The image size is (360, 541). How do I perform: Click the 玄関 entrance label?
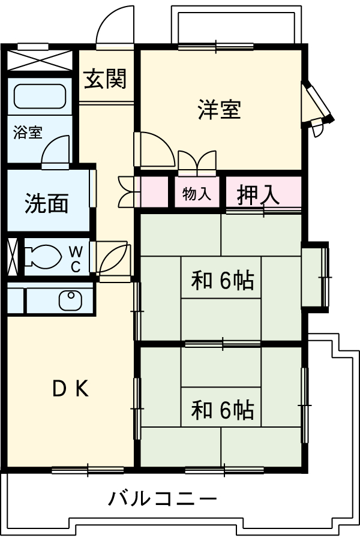coord(105,79)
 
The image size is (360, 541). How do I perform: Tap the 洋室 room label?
coord(220,110)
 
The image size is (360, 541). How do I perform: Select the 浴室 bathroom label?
coord(28,133)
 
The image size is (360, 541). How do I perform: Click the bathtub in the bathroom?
coord(39,96)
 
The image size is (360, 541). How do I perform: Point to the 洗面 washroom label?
coord(46,204)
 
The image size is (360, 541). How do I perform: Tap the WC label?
coord(76,259)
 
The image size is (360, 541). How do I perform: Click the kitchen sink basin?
coord(71,300)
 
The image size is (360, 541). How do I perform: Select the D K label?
coord(70,390)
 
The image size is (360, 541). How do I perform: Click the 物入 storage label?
coord(197,194)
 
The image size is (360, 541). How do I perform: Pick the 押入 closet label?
coord(259,194)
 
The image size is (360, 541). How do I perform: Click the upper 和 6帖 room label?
coord(222,280)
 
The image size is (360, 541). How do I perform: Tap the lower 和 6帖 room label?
coord(222,410)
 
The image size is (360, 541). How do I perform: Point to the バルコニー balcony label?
coord(162,498)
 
